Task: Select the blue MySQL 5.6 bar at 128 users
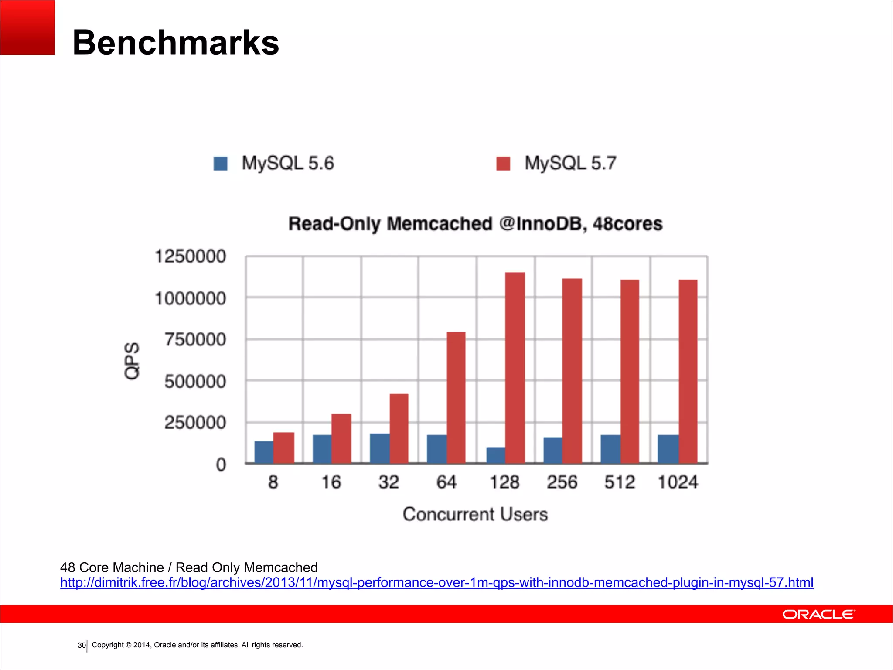496,455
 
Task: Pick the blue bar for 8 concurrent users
264,452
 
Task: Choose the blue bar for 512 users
610,449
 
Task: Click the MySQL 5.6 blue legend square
221,164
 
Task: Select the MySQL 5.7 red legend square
503,164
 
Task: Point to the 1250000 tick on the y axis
191,256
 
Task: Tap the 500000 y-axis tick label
195,382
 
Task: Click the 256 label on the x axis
562,482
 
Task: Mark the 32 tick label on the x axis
389,482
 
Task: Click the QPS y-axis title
132,360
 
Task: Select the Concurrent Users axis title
475,514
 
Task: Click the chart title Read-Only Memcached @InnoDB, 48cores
475,224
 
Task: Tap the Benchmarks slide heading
176,42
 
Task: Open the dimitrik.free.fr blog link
436,583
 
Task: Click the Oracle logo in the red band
818,614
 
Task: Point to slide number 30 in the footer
82,645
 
